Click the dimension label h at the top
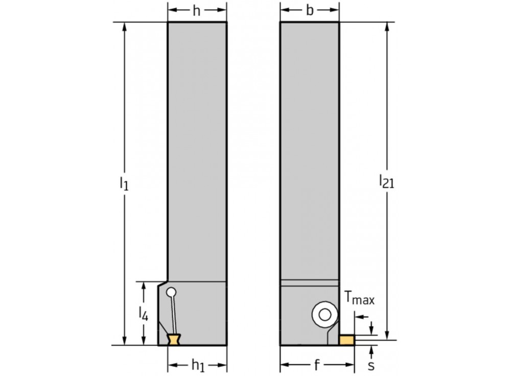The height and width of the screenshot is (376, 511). (x=197, y=11)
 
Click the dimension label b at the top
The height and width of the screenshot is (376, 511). (x=310, y=11)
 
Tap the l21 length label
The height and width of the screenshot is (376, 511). (x=386, y=180)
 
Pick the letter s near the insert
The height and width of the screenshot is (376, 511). (x=371, y=365)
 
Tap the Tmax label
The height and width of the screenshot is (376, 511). (x=359, y=299)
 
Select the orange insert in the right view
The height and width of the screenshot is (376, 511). (x=347, y=340)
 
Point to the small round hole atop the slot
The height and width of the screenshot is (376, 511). (x=172, y=293)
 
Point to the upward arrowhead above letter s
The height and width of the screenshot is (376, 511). (x=371, y=348)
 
